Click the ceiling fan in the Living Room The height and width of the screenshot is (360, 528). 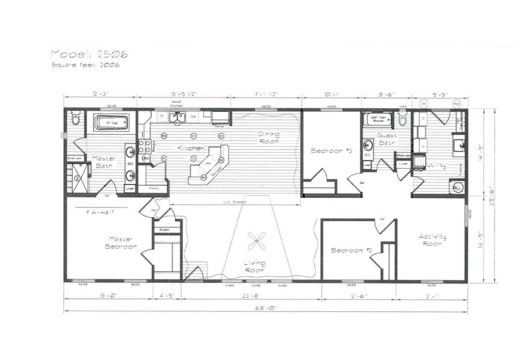[256, 240]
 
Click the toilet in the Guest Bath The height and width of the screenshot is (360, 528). [402, 120]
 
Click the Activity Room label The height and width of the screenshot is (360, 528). [432, 240]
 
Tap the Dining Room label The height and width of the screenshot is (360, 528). [268, 137]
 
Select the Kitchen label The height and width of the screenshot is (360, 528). [191, 148]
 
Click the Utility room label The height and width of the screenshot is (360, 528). [436, 165]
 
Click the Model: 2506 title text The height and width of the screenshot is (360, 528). [89, 54]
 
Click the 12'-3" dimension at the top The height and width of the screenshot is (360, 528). [100, 93]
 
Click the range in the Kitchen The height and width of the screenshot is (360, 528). [143, 146]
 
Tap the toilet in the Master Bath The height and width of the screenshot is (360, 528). [75, 118]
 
